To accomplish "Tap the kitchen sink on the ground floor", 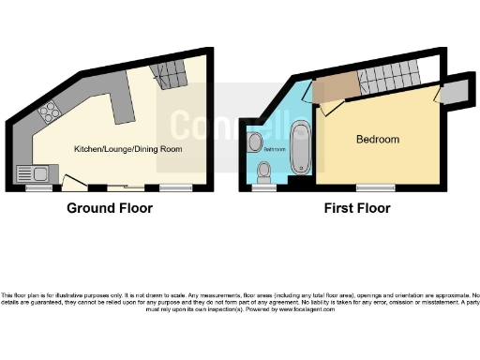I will pos(34,172).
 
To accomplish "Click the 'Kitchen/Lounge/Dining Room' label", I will pos(127,149).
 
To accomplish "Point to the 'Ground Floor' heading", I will pos(110,208).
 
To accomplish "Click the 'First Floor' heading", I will pos(356,208).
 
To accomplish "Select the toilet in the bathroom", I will pos(265,172).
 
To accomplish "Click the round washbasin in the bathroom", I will pos(256,142).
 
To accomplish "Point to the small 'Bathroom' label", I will pos(274,149).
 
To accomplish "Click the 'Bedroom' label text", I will pos(377,140).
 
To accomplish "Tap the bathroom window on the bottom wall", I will pos(263,186).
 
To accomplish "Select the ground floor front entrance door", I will pos(73,185).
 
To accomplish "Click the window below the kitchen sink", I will pos(37,187).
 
